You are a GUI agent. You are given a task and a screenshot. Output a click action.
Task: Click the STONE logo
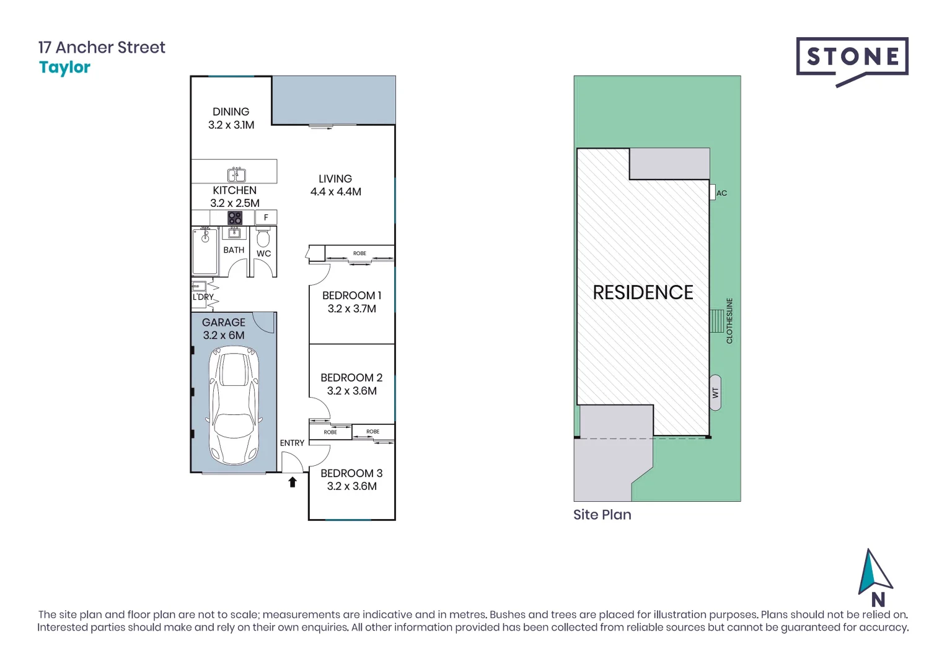coord(852,58)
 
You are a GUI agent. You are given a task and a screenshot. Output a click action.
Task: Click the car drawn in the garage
coord(234,406)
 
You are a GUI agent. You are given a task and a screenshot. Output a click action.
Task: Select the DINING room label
coord(231,112)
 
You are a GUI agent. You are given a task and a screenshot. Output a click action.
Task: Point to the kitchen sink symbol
coord(236,175)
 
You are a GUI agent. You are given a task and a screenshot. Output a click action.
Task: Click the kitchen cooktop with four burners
coord(235,217)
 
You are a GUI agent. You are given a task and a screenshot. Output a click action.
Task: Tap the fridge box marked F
coord(266,217)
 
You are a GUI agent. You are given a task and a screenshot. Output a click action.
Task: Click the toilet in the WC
coord(263,237)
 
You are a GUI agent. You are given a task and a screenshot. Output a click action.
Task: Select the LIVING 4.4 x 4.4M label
coord(335,185)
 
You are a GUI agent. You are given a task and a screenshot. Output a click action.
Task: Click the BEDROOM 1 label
coord(351,296)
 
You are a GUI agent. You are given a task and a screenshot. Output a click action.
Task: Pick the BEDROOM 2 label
coord(351,378)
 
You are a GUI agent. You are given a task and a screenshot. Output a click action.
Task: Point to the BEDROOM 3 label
coord(351,473)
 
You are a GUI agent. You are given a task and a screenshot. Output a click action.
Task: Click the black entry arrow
coord(293,482)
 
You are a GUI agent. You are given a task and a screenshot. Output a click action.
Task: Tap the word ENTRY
coord(292,443)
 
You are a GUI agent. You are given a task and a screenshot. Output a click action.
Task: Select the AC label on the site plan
coord(721,193)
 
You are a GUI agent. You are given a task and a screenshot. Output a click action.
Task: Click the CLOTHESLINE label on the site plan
coord(729,321)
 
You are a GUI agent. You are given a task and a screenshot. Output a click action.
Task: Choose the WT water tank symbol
coord(715,393)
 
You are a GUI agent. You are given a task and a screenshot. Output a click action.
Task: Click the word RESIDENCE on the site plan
coord(643,292)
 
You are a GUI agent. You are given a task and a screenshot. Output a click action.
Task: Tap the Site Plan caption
coord(602,515)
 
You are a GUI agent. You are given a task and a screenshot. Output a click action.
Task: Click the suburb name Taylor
coord(64,68)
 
